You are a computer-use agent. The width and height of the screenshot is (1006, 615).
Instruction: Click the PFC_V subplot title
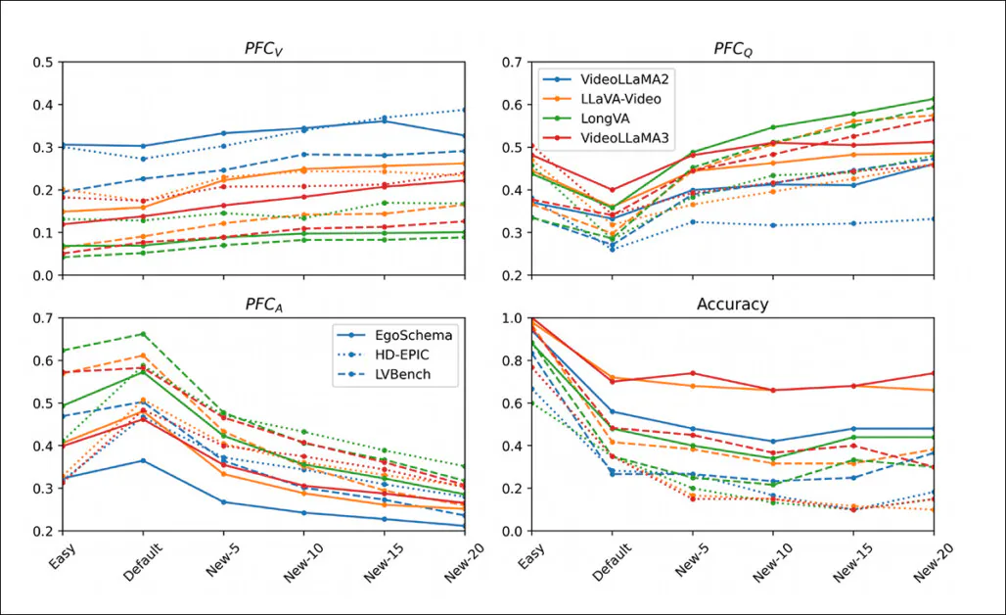[264, 49]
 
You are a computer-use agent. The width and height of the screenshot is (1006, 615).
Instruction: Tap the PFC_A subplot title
[264, 305]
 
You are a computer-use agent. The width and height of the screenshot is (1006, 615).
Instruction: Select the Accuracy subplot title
[732, 305]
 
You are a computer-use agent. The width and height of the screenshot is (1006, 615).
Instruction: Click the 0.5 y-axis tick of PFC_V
[43, 63]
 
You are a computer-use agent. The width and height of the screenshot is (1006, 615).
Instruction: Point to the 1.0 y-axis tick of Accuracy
[511, 318]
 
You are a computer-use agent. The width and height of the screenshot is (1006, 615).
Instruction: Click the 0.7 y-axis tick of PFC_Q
[511, 63]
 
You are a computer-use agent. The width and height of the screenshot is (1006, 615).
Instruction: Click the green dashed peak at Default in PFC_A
[143, 334]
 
